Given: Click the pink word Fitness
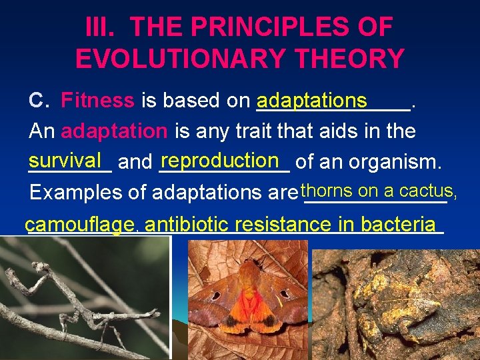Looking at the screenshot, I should (x=97, y=101).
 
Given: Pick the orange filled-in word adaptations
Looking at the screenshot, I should (x=312, y=101).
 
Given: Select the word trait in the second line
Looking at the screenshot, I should (x=234, y=131).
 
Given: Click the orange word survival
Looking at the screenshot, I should (x=65, y=161).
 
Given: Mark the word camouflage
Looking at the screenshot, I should (x=79, y=225).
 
